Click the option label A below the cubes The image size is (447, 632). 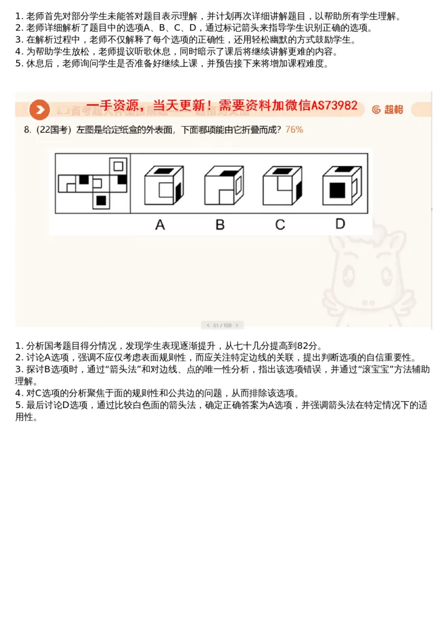[160, 225]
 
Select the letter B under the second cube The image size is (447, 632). [220, 225]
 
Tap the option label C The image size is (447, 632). [280, 225]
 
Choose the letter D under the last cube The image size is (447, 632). [340, 224]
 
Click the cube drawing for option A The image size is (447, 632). [163, 186]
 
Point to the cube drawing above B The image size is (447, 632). [223, 186]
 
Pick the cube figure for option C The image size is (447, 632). [283, 186]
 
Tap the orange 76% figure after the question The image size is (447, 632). [294, 130]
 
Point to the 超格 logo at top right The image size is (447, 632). [388, 110]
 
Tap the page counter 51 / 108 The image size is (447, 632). [222, 325]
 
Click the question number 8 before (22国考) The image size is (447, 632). [26, 130]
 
